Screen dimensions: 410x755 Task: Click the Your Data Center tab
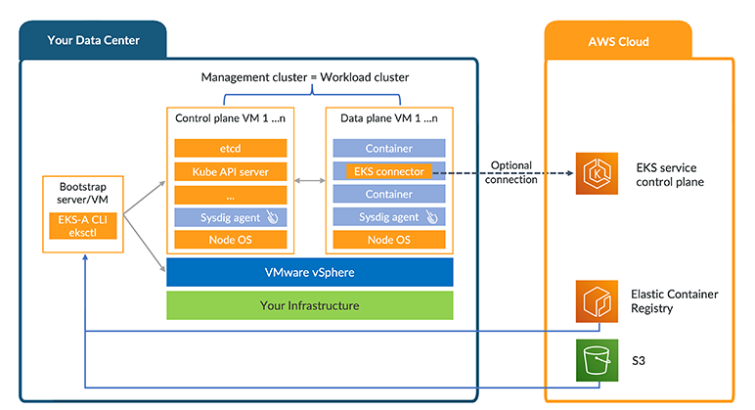tap(93, 40)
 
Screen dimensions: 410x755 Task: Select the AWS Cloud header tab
tap(618, 41)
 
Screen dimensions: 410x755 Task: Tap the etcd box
tap(231, 149)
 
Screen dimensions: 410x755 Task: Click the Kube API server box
tap(231, 171)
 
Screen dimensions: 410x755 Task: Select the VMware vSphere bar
tap(310, 273)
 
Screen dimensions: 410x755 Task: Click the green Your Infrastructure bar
tap(310, 305)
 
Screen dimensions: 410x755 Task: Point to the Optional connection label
tap(511, 172)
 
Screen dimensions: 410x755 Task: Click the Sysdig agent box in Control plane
tap(231, 217)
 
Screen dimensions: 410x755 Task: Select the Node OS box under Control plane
tap(231, 240)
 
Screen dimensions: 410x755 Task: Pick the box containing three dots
tap(231, 194)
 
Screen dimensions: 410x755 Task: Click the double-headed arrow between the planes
tap(311, 182)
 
